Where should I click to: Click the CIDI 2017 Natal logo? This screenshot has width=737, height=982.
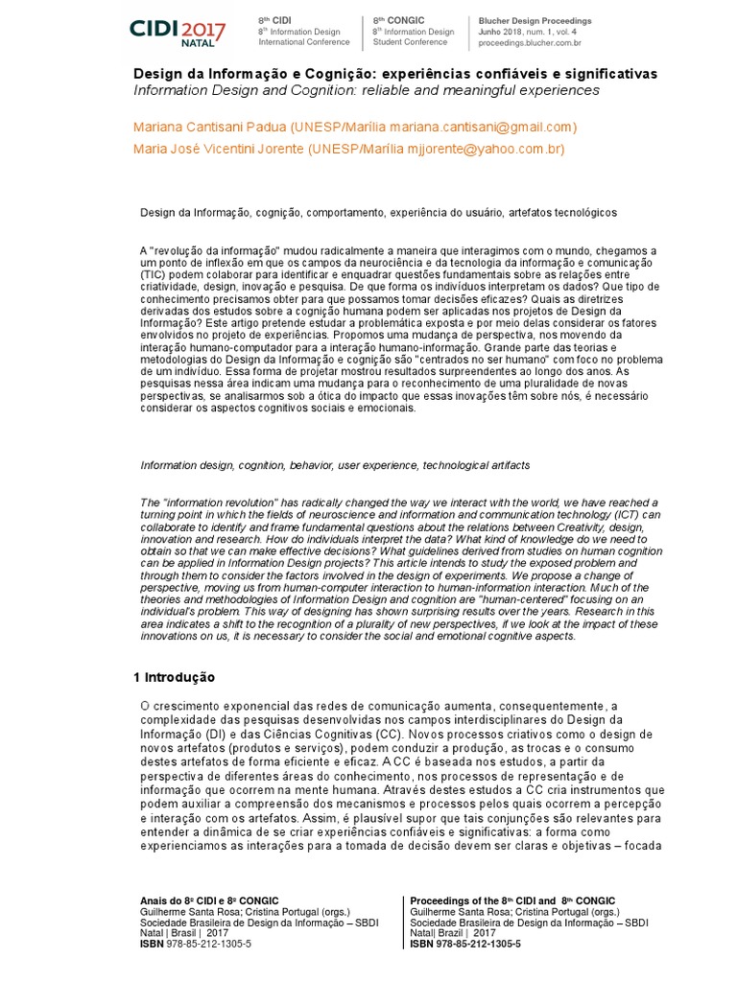(x=178, y=32)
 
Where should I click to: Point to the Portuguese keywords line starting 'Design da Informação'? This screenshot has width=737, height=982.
(x=377, y=212)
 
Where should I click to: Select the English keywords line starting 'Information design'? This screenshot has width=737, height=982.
(x=335, y=465)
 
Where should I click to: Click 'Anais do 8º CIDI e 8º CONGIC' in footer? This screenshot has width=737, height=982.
(x=210, y=900)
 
